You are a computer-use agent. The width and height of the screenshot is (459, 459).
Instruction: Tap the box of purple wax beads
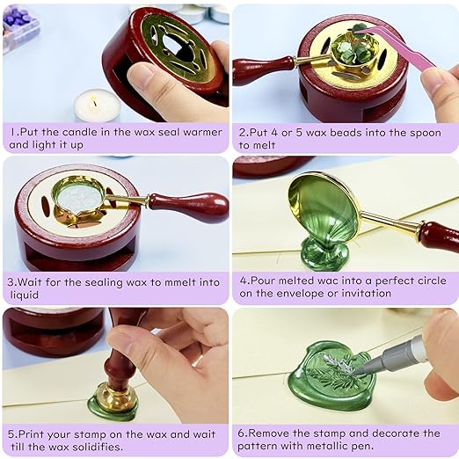[x=19, y=24]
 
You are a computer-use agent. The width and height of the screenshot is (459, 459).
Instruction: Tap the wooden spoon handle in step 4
[x=437, y=236]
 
